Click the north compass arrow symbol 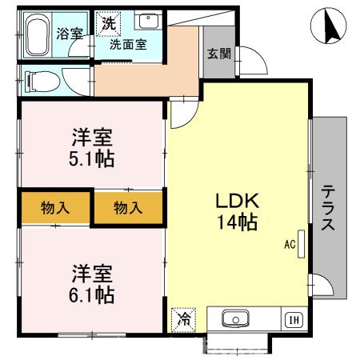(327, 26)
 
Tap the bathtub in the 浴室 (38, 35)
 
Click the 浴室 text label (69, 34)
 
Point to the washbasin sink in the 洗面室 (146, 22)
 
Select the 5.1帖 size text (91, 158)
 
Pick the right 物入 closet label (128, 208)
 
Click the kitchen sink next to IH (235, 320)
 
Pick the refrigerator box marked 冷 (182, 318)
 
